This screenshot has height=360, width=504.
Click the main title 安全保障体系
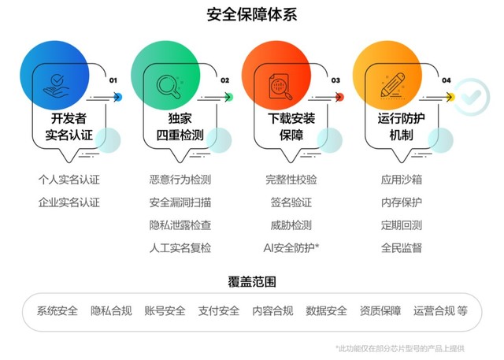[252, 15]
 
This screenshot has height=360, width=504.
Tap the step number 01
[113, 80]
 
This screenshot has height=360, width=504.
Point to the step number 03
[335, 80]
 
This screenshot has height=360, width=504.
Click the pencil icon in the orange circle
[392, 86]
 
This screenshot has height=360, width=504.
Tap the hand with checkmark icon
[56, 87]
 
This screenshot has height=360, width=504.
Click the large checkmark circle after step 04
[472, 97]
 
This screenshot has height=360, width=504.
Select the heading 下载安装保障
[291, 127]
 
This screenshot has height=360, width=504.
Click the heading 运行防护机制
[401, 127]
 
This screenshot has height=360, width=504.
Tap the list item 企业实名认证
[69, 202]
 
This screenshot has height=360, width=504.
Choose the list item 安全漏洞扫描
[180, 202]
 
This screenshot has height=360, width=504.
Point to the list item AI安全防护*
[291, 248]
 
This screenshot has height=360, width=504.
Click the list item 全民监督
[402, 248]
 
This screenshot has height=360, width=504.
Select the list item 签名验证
[291, 202]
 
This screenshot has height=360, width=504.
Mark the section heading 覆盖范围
[252, 282]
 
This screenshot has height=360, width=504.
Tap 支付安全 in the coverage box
[219, 311]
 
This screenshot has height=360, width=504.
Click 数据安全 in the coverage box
[326, 311]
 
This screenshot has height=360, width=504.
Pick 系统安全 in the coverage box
[57, 311]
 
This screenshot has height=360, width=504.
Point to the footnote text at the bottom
[400, 348]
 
